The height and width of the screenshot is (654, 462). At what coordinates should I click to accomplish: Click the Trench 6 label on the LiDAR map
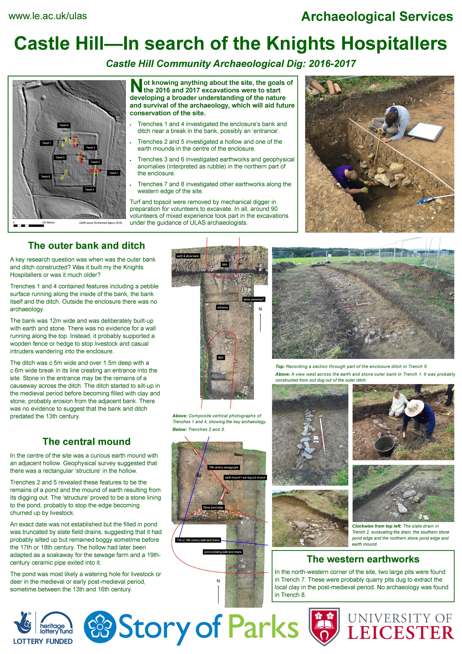click(64, 125)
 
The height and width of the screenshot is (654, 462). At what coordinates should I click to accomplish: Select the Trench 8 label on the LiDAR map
click(45, 177)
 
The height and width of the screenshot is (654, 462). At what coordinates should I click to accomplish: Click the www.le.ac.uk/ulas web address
click(48, 16)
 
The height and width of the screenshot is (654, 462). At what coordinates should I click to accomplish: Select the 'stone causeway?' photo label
click(253, 299)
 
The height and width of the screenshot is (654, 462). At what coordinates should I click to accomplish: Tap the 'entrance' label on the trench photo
click(222, 307)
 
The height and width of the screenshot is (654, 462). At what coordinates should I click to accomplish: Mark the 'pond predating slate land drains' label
click(223, 552)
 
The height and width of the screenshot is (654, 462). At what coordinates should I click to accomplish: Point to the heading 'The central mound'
click(87, 441)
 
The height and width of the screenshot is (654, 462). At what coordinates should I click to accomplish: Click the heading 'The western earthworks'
click(363, 559)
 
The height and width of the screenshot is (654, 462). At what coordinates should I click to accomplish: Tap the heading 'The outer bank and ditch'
click(87, 246)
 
